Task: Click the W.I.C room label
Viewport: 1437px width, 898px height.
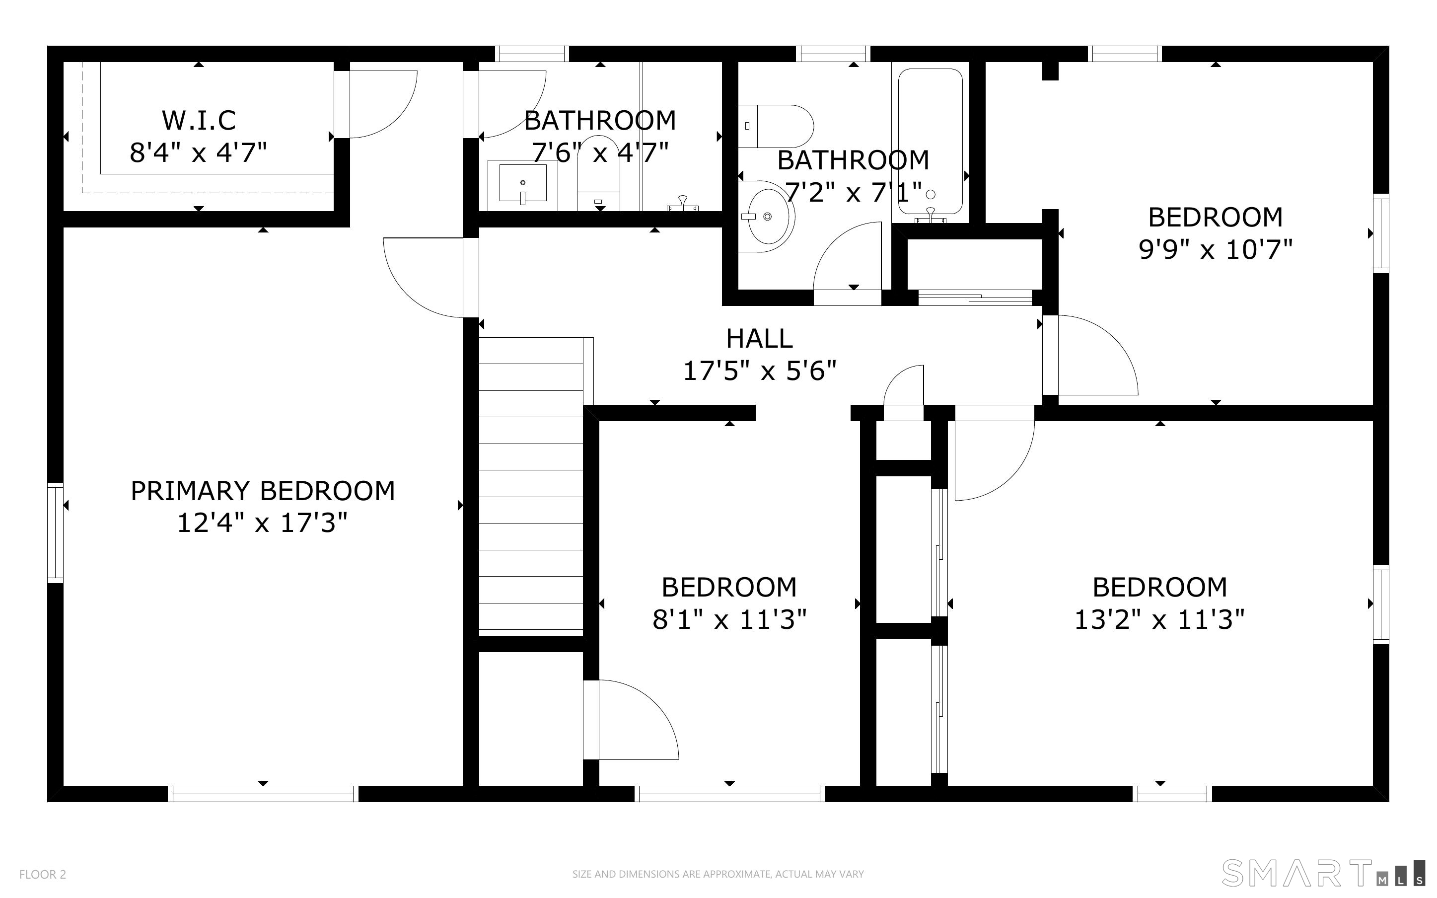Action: point(199,121)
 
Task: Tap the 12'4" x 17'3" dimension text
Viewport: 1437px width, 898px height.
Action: point(262,523)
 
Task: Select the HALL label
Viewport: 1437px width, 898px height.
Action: point(759,339)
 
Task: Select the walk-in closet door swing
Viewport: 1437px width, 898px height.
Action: point(380,106)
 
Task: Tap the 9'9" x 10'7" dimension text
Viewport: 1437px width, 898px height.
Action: point(1215,249)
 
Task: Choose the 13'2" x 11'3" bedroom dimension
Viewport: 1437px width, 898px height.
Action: point(1159,620)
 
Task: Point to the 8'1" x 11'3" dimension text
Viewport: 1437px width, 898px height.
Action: point(729,620)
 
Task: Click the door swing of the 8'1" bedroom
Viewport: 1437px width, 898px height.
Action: point(635,722)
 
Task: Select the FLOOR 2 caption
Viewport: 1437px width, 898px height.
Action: point(43,874)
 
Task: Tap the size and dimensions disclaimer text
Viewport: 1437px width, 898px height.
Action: point(718,874)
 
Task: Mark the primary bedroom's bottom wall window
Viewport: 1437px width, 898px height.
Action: point(263,794)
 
